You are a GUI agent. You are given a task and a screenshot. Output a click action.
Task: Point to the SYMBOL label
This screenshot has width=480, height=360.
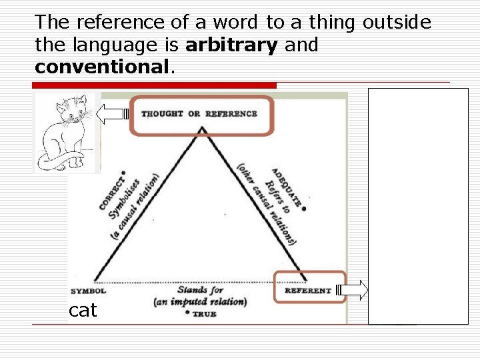[89, 291]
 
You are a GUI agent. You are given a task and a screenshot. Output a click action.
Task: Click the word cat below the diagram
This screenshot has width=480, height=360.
[83, 310]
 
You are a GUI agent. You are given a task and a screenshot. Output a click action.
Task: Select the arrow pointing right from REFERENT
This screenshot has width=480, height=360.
[353, 290]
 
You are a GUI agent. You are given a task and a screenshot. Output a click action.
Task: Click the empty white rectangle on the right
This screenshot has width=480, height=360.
[418, 200]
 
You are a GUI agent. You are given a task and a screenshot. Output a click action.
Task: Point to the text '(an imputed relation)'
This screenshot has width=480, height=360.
[200, 301]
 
